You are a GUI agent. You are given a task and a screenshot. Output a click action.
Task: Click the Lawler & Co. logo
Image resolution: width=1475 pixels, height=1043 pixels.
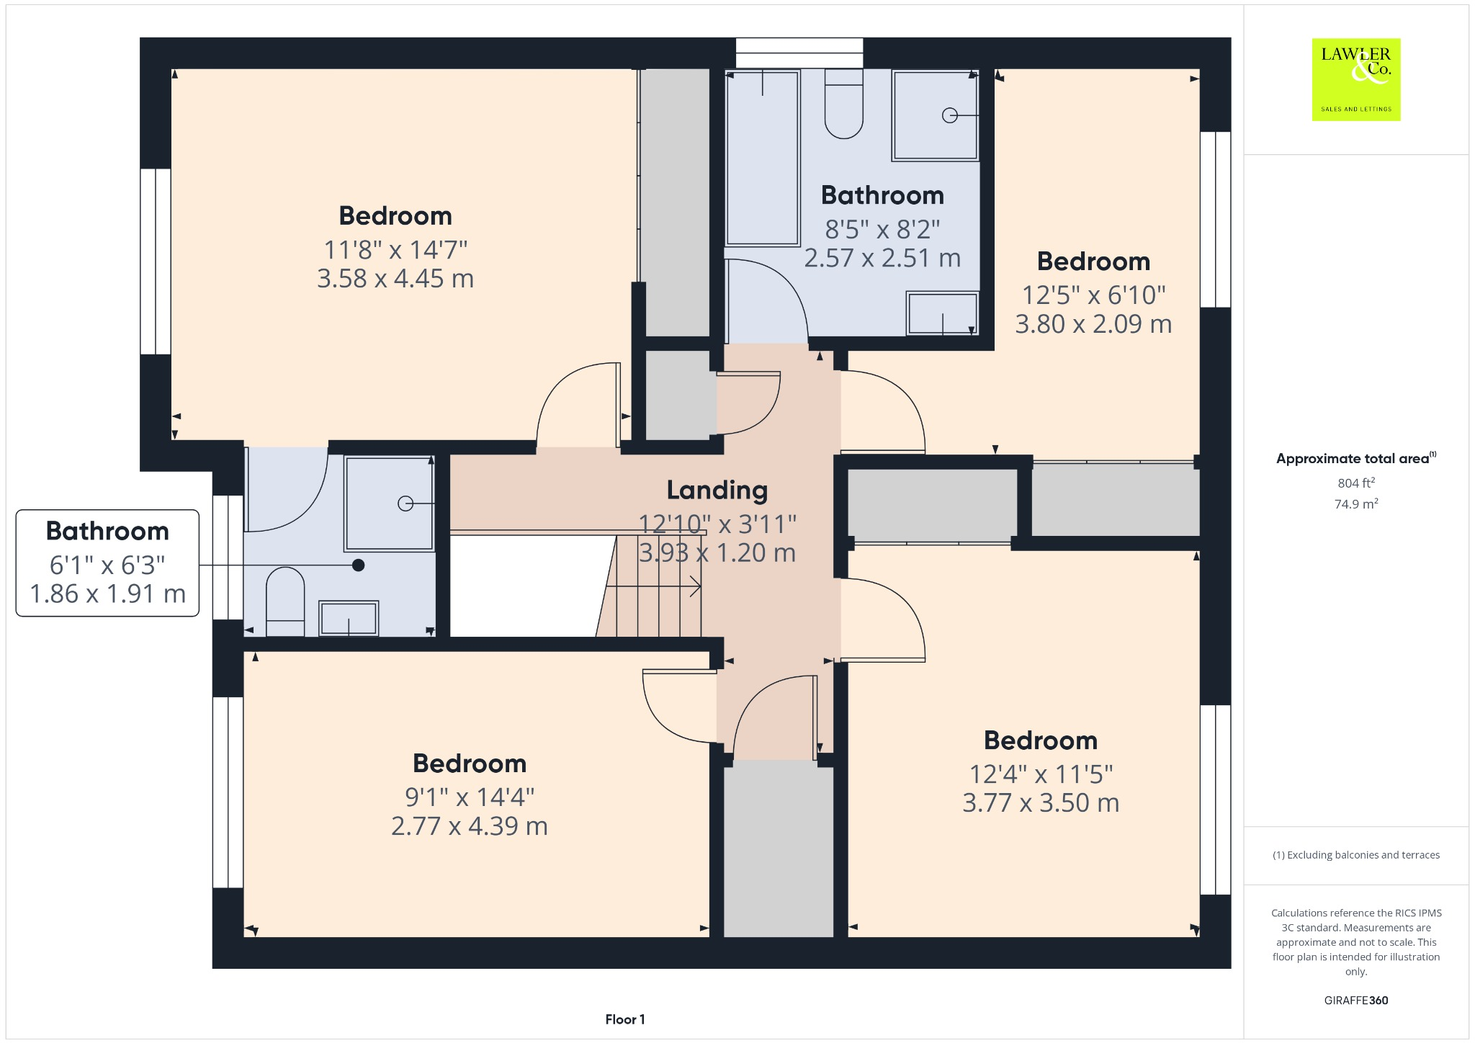pyautogui.click(x=1355, y=79)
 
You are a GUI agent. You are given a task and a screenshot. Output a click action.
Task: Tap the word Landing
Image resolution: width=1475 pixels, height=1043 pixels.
pyautogui.click(x=717, y=490)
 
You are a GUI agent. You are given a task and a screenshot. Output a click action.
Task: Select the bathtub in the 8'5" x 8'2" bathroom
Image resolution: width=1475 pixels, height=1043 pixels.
pyautogui.click(x=762, y=158)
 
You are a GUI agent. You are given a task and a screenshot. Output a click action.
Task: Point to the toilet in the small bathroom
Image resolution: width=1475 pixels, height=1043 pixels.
pyautogui.click(x=285, y=601)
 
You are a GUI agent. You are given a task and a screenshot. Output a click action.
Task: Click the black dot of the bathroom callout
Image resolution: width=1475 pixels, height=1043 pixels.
pyautogui.click(x=358, y=565)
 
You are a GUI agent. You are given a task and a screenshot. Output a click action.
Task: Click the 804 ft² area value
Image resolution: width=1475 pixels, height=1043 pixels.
pyautogui.click(x=1355, y=483)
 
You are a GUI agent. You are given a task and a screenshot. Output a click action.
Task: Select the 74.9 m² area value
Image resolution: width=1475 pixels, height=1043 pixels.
pyautogui.click(x=1355, y=504)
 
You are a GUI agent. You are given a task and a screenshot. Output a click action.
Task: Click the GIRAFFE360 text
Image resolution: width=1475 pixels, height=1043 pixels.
pyautogui.click(x=1355, y=1000)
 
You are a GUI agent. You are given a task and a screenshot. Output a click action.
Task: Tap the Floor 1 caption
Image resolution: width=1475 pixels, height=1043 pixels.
pyautogui.click(x=624, y=1019)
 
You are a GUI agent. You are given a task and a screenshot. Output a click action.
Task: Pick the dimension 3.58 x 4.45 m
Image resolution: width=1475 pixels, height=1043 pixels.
pyautogui.click(x=395, y=279)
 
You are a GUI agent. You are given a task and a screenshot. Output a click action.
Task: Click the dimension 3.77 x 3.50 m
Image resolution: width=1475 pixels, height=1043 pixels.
pyautogui.click(x=1041, y=803)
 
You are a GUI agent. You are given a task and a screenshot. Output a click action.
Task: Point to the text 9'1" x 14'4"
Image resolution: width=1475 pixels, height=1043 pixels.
pyautogui.click(x=469, y=797)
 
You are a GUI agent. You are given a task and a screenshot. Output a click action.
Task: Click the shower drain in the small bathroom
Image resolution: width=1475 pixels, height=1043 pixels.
pyautogui.click(x=405, y=503)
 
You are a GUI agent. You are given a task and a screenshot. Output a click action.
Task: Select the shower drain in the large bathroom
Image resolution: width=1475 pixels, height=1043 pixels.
pyautogui.click(x=949, y=115)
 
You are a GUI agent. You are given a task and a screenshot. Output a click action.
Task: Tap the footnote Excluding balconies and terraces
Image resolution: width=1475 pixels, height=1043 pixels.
pyautogui.click(x=1355, y=855)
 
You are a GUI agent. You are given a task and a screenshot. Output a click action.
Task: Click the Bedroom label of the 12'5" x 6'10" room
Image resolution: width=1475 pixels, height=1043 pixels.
pyautogui.click(x=1093, y=261)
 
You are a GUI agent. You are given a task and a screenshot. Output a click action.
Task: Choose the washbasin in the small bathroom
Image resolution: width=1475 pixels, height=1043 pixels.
pyautogui.click(x=349, y=619)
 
